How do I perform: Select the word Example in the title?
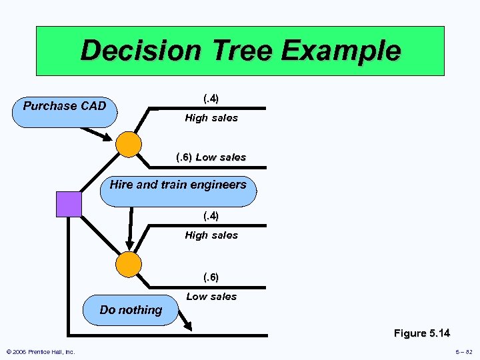pos(353,51)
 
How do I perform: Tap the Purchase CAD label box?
pos(65,107)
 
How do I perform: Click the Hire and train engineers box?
pos(178,185)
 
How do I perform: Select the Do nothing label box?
pos(131,310)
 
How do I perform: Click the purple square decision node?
pos(69,204)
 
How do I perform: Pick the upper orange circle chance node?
pos(129,144)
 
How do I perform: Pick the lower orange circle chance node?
pos(129,265)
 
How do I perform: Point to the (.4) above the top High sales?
pos(211,99)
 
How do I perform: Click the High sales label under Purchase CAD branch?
pos(211,118)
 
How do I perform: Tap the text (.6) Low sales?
pos(211,158)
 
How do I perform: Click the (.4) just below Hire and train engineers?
pos(211,216)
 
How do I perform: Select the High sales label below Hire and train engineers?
pos(211,235)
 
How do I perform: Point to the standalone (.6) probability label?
pos(211,277)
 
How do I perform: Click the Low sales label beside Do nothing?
pos(211,297)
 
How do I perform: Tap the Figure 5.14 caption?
pos(421,333)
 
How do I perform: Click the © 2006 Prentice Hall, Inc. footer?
pos(41,352)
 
